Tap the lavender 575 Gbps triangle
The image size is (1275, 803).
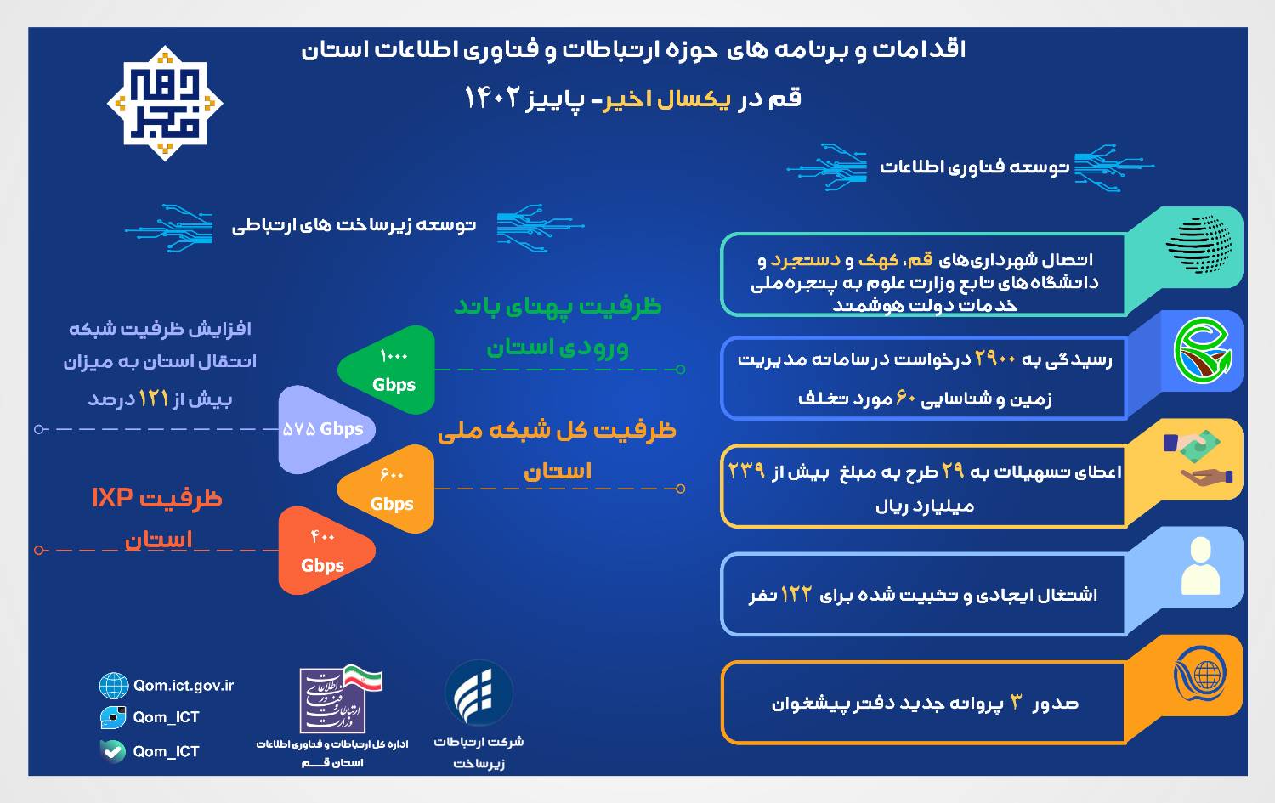point(325,429)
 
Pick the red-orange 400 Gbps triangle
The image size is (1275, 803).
point(325,551)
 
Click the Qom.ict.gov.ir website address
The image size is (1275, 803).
point(184,685)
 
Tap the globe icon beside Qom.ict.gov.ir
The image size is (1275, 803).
point(113,685)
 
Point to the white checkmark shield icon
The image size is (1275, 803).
point(113,751)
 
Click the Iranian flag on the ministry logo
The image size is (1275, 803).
point(363,677)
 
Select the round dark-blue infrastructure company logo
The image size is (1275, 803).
point(479,693)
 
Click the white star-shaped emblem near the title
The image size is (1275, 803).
point(165,104)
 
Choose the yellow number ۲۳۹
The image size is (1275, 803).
point(746,471)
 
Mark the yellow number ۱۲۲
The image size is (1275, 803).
point(796,594)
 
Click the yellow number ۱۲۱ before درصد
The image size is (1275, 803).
point(154,399)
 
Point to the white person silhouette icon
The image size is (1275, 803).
point(1200,566)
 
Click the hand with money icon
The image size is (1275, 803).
point(1198,459)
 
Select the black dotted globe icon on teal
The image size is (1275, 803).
point(1198,244)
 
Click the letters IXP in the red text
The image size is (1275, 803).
point(112,498)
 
